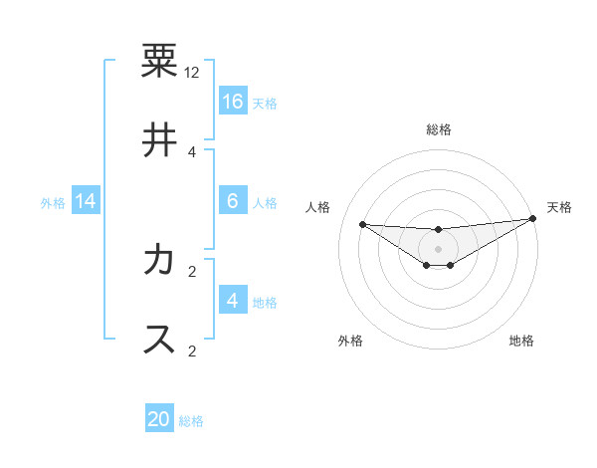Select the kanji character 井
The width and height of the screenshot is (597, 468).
(159, 140)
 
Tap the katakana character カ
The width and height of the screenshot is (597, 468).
(159, 260)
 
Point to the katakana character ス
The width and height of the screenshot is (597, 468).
(159, 340)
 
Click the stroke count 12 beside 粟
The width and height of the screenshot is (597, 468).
(192, 73)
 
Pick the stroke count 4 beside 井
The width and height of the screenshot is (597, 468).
(192, 151)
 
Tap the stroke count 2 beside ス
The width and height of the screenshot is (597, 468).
(192, 351)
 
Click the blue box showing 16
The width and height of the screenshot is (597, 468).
(233, 101)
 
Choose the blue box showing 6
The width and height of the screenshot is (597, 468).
(233, 201)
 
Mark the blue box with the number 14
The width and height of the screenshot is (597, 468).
(86, 201)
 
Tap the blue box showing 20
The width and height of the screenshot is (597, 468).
(159, 419)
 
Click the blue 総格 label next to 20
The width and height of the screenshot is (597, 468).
(191, 421)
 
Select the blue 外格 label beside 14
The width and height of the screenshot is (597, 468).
(53, 203)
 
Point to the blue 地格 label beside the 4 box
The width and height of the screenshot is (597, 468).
(265, 303)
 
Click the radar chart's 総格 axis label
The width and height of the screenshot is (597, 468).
(439, 129)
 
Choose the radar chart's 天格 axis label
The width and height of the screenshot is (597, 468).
(559, 207)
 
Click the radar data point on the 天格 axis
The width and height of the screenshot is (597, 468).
(533, 219)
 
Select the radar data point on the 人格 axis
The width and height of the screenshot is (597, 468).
(362, 224)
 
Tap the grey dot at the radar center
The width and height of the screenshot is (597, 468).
(439, 248)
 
